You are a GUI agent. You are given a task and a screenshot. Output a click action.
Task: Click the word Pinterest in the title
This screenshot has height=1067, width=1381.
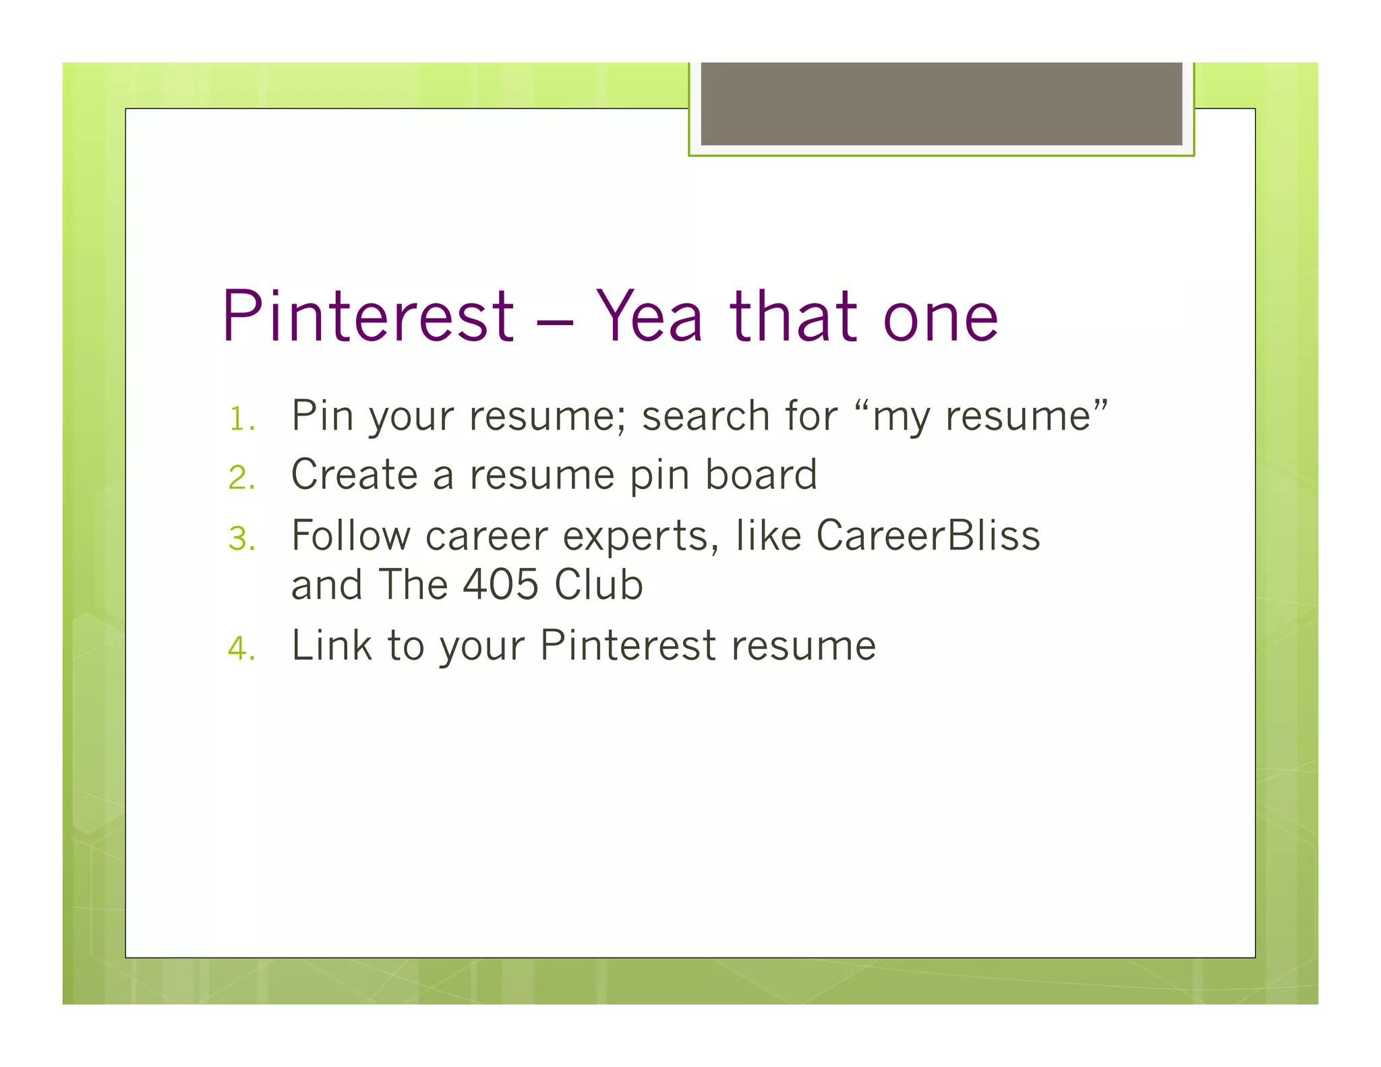368,317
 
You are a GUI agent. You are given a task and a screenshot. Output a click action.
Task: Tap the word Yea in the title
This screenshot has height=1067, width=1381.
649,317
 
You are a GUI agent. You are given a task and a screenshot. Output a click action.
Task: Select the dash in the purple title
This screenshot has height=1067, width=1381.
554,322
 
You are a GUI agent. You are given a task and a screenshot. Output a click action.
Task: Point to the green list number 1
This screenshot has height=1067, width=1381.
241,420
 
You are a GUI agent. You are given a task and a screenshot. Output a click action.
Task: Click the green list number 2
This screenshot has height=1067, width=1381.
241,478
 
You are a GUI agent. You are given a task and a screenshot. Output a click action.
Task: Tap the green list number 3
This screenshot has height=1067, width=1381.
241,539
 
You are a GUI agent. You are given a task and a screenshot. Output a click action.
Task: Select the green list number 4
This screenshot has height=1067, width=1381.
241,649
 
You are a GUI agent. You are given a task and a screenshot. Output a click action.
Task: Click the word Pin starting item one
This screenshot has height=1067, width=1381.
322,415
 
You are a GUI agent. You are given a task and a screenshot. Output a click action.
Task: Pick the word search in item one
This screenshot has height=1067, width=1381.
705,415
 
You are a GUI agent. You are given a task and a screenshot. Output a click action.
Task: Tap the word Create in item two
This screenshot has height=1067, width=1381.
354,474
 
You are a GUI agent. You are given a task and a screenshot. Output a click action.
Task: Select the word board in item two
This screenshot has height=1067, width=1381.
761,474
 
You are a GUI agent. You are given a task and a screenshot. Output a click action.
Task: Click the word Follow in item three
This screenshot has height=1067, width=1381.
351,536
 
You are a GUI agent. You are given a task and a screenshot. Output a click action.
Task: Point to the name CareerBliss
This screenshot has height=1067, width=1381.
928,536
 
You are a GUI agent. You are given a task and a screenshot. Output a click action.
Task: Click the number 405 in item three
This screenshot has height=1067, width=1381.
500,584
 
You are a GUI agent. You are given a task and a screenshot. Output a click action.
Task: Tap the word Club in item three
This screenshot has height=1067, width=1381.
598,584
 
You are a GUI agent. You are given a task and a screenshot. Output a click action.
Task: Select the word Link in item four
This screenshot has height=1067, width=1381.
331,645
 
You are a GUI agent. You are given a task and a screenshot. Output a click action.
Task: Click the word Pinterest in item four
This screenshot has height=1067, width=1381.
628,645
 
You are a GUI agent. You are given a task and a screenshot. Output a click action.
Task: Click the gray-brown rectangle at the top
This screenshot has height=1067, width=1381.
941,103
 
